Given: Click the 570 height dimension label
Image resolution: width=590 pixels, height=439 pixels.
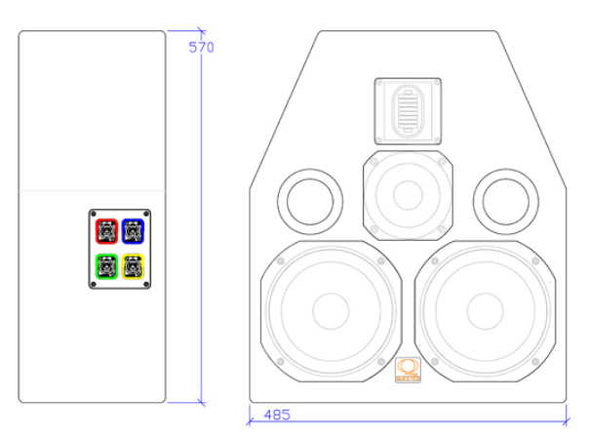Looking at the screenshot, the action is (x=201, y=48).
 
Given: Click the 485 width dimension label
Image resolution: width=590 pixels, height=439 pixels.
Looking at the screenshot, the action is (x=277, y=415).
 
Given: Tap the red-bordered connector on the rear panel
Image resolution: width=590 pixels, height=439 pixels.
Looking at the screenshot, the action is (x=107, y=231).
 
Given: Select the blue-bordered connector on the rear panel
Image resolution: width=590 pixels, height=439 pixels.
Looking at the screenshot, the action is (x=133, y=231).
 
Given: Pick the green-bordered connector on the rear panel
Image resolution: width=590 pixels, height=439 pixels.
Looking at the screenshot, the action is (x=107, y=266).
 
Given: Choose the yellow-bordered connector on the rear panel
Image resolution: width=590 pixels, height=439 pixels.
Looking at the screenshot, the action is (x=133, y=266).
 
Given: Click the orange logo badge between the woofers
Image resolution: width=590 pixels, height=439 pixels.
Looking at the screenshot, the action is (x=408, y=370).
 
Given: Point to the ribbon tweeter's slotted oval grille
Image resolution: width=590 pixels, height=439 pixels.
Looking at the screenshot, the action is (x=408, y=111).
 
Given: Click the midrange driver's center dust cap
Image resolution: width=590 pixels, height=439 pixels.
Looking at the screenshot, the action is (x=408, y=195).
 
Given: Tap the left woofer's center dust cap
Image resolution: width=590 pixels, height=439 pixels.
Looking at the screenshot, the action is (x=331, y=311).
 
